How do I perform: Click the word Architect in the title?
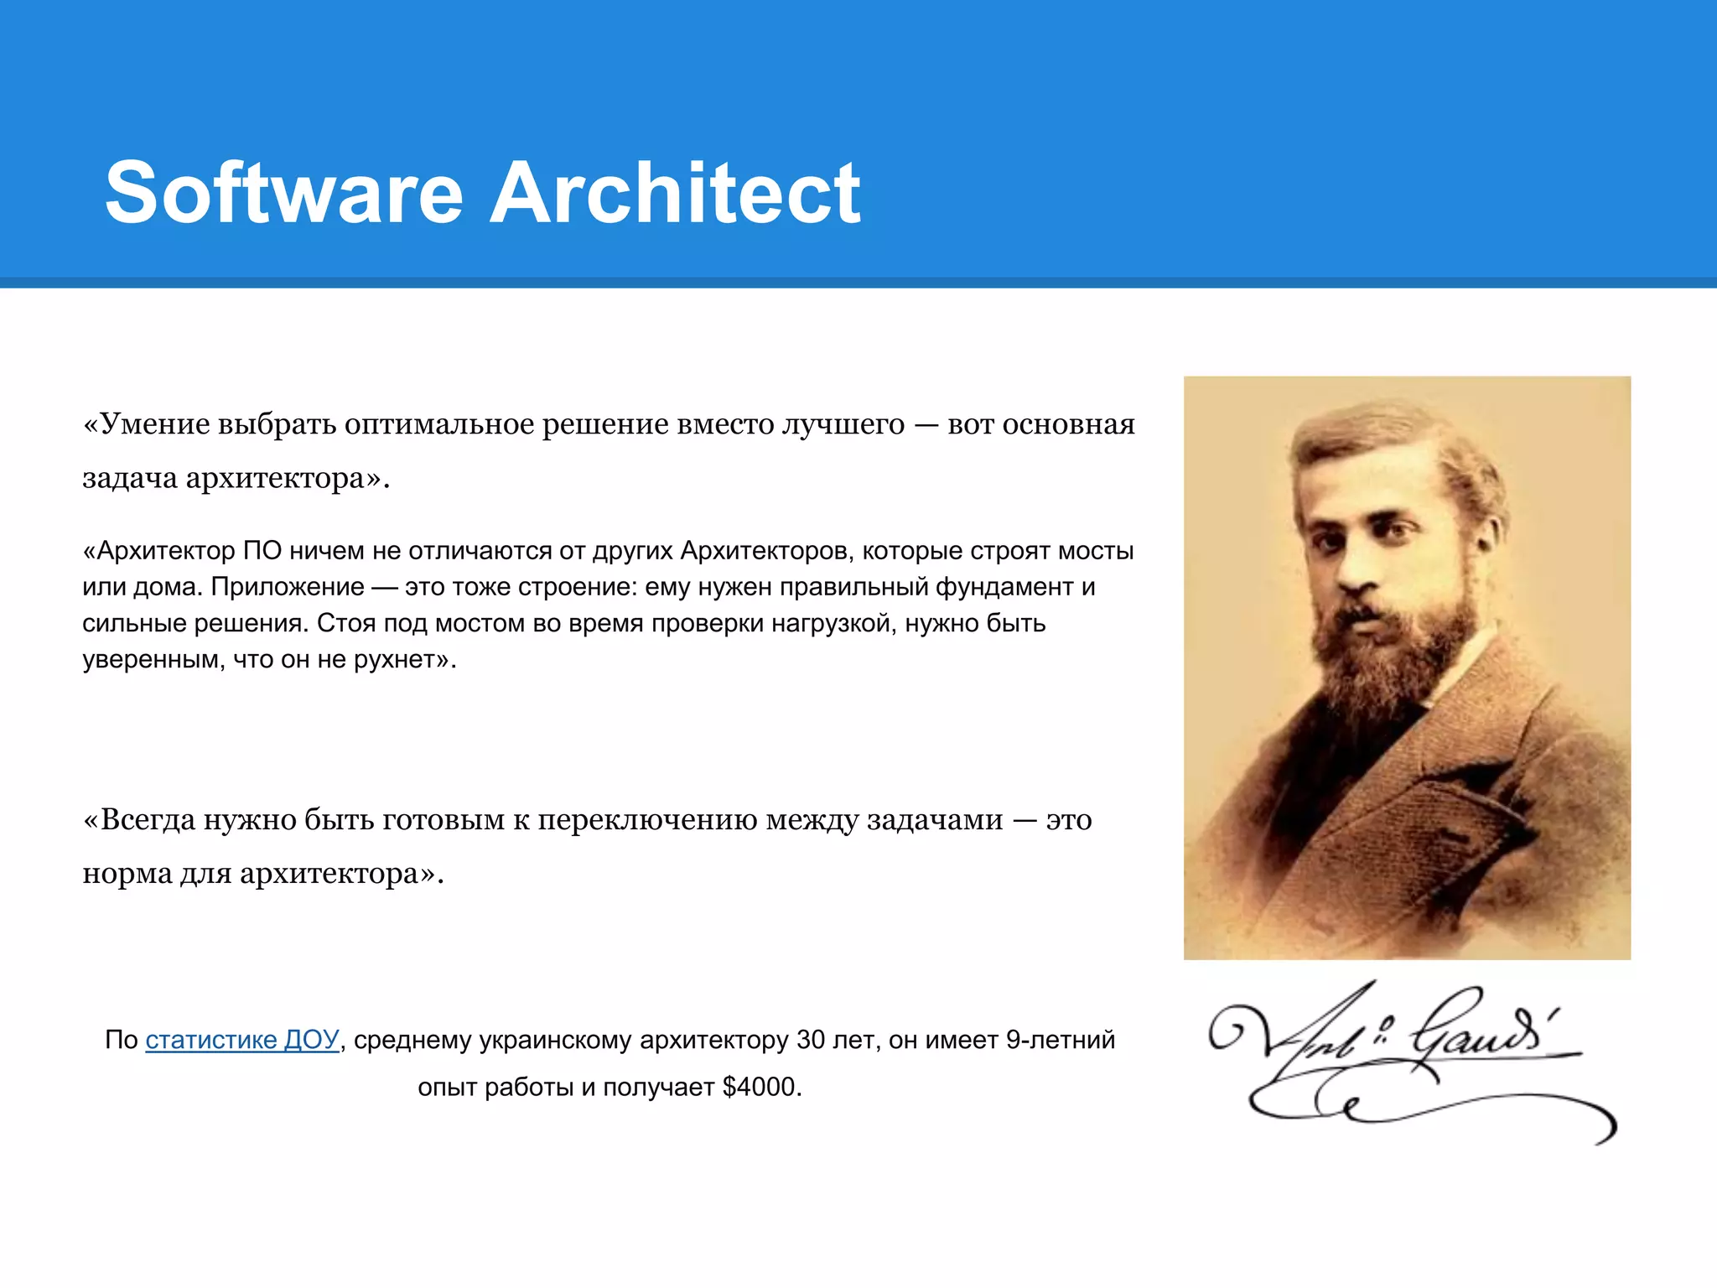(x=675, y=193)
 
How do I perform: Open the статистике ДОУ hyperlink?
(x=241, y=1040)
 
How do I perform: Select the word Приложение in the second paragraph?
(x=288, y=587)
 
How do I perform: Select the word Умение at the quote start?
(x=154, y=424)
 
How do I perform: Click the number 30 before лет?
(x=811, y=1040)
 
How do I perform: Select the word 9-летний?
(x=1060, y=1040)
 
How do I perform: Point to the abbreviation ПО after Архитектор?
(x=262, y=551)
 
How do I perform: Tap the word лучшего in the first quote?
(x=843, y=424)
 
